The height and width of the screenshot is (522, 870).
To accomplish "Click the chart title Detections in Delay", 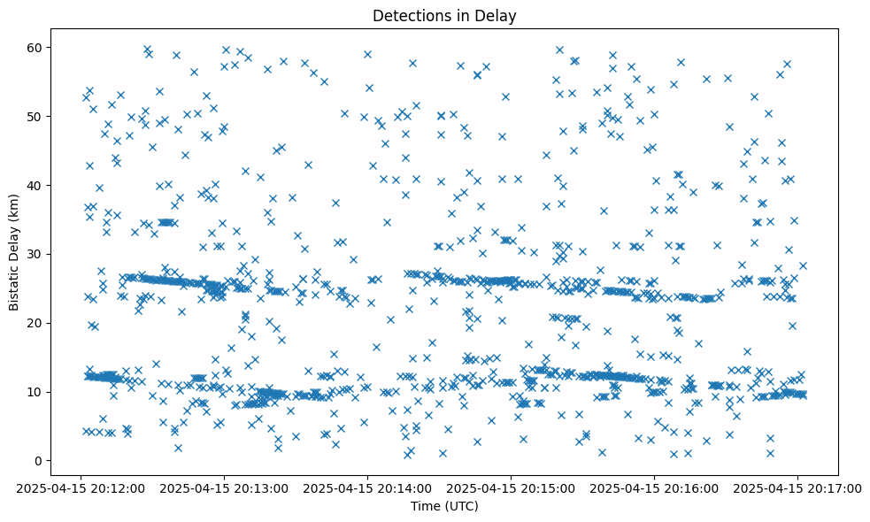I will coord(443,15).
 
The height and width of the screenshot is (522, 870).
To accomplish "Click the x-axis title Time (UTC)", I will coord(443,507).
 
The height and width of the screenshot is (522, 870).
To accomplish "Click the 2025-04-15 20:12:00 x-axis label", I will coord(81,487).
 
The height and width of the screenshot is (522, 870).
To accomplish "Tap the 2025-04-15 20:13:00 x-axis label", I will coord(224,487).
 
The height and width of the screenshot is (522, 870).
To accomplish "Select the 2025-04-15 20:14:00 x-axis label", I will coord(367,487).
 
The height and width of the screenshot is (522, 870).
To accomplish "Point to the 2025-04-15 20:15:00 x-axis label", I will coord(511,487).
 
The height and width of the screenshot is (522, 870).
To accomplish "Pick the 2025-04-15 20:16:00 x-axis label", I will coord(654,487).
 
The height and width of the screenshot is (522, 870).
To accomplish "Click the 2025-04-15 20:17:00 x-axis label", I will coord(797,487).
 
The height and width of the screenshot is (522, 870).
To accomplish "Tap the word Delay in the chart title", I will coord(497,15).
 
